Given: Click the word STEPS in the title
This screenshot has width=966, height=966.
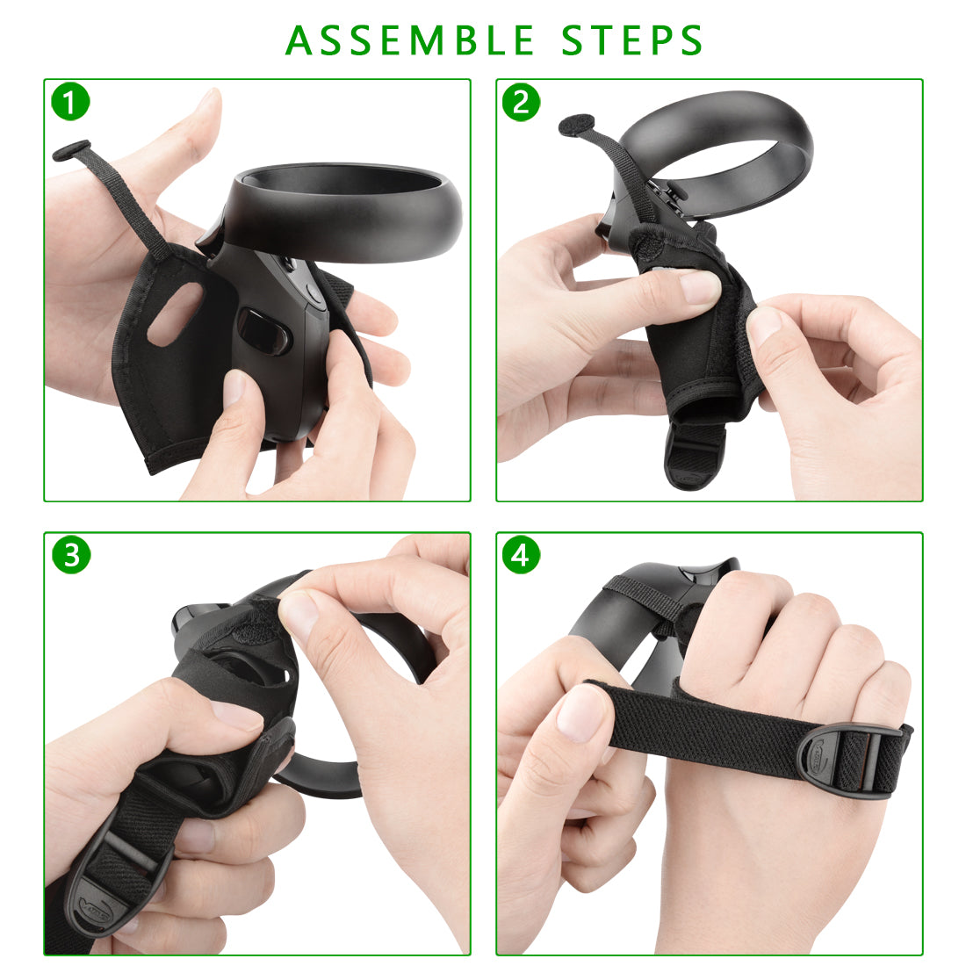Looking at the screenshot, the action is tap(632, 40).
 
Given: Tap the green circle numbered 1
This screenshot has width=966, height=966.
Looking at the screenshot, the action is tap(71, 102).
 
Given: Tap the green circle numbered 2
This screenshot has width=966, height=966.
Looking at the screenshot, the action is tap(521, 102).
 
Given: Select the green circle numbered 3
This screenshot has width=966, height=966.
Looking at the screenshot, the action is tap(71, 555).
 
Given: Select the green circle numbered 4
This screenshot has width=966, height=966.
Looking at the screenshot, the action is tap(521, 555).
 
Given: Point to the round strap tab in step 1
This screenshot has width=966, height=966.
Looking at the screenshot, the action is tap(71, 150).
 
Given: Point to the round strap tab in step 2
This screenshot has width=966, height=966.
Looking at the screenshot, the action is tap(576, 125).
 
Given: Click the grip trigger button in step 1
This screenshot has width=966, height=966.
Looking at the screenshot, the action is tap(263, 331).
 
